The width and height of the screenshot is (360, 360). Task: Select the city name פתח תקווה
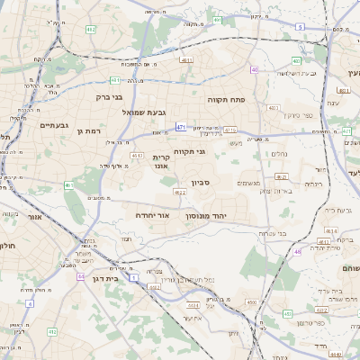click(x=227, y=100)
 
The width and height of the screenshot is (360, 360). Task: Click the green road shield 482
click(x=90, y=30)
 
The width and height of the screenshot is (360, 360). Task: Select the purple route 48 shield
click(x=255, y=69)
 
